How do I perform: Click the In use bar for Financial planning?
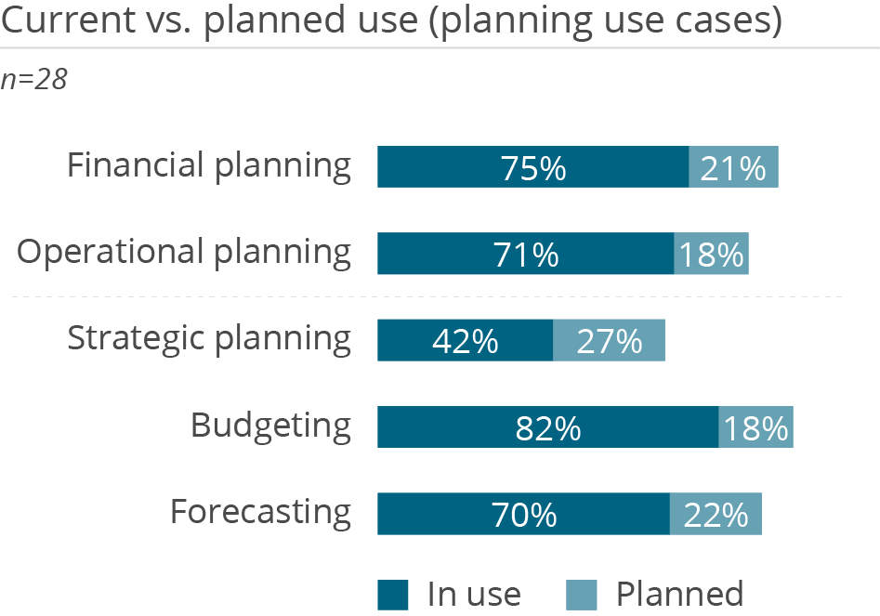click(532, 168)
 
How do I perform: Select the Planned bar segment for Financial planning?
click(733, 168)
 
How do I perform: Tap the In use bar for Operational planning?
click(525, 255)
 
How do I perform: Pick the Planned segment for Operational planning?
click(711, 255)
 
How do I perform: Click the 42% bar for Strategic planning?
click(465, 341)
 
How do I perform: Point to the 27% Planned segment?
click(609, 341)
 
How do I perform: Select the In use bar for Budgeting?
click(547, 427)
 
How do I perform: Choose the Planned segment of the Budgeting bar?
click(755, 427)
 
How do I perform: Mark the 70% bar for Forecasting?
click(523, 514)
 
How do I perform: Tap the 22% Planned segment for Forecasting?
click(716, 514)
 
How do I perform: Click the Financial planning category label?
click(209, 166)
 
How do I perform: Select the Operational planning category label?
click(185, 253)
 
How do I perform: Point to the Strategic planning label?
click(209, 339)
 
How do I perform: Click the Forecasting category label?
click(260, 512)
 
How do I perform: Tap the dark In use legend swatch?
click(392, 595)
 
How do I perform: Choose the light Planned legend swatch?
click(581, 595)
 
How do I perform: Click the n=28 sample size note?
click(34, 80)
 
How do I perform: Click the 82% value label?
click(548, 428)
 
